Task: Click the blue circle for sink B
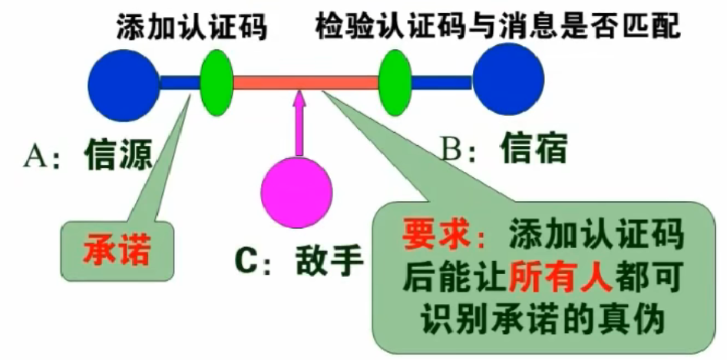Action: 508,81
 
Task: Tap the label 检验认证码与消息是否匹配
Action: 498,28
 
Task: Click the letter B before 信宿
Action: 452,148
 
